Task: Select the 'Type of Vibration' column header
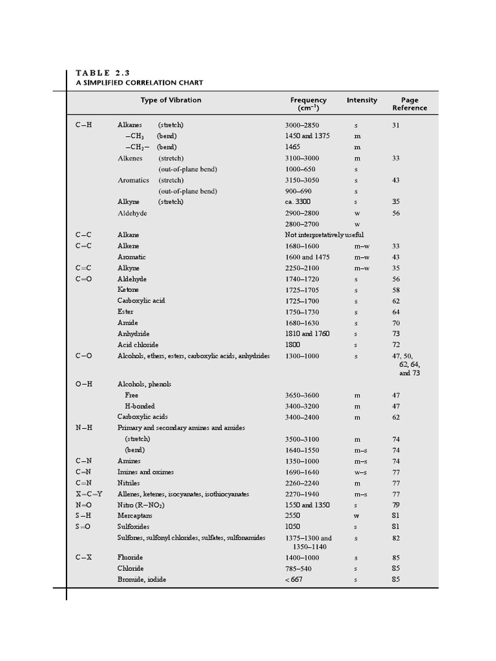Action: [170, 100]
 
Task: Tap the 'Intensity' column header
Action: [362, 100]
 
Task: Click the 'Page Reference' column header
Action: [409, 104]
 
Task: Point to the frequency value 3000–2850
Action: [302, 125]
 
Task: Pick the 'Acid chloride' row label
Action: [138, 345]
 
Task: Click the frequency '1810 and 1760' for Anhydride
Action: [307, 334]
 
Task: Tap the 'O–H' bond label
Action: [84, 384]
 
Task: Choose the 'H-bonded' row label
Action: [139, 406]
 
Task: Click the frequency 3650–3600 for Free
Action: [302, 395]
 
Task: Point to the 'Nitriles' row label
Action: [129, 483]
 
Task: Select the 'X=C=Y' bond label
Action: [89, 494]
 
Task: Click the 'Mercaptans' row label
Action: [135, 516]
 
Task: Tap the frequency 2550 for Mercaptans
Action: [293, 516]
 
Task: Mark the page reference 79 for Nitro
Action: [396, 505]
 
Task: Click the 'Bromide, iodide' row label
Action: [141, 580]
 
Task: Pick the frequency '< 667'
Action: [294, 580]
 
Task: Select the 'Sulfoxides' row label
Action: [133, 527]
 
